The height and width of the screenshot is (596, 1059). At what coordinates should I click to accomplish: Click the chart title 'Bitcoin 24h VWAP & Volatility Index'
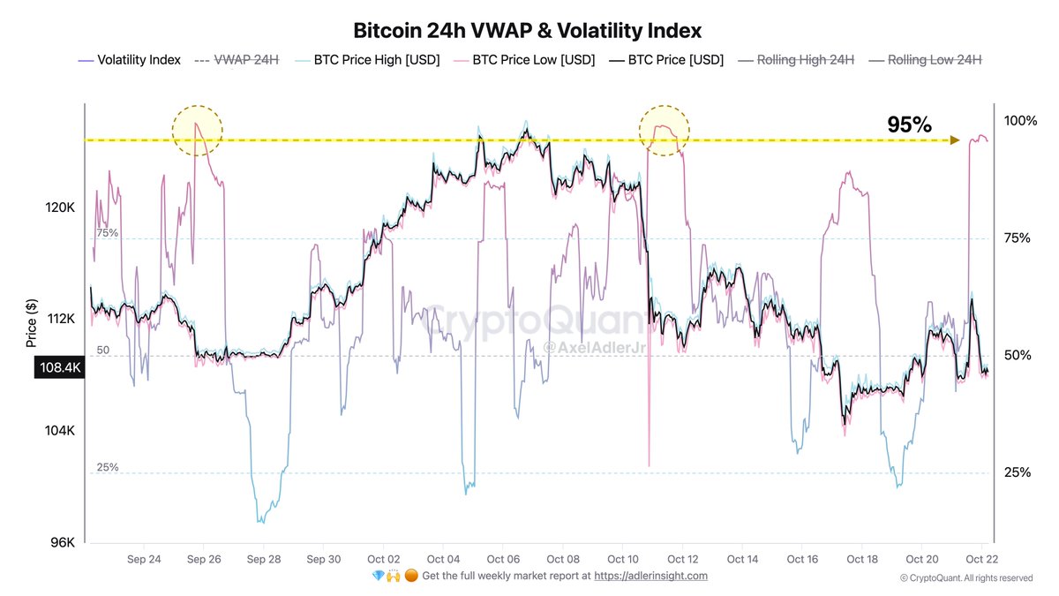[x=528, y=31]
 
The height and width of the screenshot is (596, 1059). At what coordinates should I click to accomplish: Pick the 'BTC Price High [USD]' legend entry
[x=376, y=60]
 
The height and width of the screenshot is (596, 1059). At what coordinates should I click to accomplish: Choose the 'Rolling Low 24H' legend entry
[x=934, y=60]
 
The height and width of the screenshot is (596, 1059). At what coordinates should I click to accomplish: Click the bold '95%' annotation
[x=909, y=125]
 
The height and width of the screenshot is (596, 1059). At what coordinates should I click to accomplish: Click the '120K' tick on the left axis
[x=61, y=207]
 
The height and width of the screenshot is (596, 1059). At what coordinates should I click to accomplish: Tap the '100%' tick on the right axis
[x=1020, y=120]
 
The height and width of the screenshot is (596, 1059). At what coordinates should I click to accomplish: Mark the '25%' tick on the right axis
[x=1017, y=472]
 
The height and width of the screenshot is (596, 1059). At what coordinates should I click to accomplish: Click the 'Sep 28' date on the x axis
[x=263, y=559]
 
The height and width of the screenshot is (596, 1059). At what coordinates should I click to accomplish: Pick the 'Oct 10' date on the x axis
[x=622, y=559]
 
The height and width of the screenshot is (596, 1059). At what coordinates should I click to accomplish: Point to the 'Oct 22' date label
[x=981, y=559]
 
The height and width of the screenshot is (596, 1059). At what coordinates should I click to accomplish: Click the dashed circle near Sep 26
[x=198, y=131]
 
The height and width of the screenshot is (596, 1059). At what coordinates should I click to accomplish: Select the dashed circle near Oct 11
[x=664, y=131]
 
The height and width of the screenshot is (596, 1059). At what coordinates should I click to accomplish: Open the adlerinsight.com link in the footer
[x=650, y=576]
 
